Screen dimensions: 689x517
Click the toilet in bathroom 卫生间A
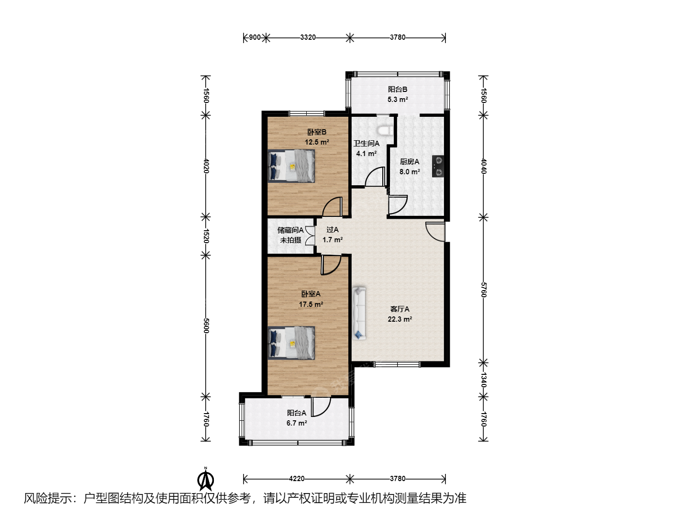(385, 130)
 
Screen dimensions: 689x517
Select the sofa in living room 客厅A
(359, 313)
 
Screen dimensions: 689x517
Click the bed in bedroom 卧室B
(291, 166)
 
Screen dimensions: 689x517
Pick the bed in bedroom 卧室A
(291, 343)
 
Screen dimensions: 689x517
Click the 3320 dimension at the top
(308, 37)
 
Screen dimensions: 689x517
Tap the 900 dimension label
(255, 37)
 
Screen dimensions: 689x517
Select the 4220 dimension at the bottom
(297, 479)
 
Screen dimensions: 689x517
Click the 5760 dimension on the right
(484, 290)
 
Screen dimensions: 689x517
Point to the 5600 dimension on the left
(206, 326)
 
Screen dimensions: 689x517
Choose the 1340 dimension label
(484, 380)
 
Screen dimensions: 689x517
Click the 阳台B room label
(398, 90)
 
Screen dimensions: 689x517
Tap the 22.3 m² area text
(400, 319)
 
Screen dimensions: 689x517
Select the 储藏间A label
(290, 230)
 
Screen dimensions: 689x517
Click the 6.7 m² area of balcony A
(297, 423)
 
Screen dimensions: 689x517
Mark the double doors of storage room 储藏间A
(311, 236)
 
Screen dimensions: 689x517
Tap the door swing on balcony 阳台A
(321, 407)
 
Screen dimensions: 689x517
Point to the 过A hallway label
(333, 230)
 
